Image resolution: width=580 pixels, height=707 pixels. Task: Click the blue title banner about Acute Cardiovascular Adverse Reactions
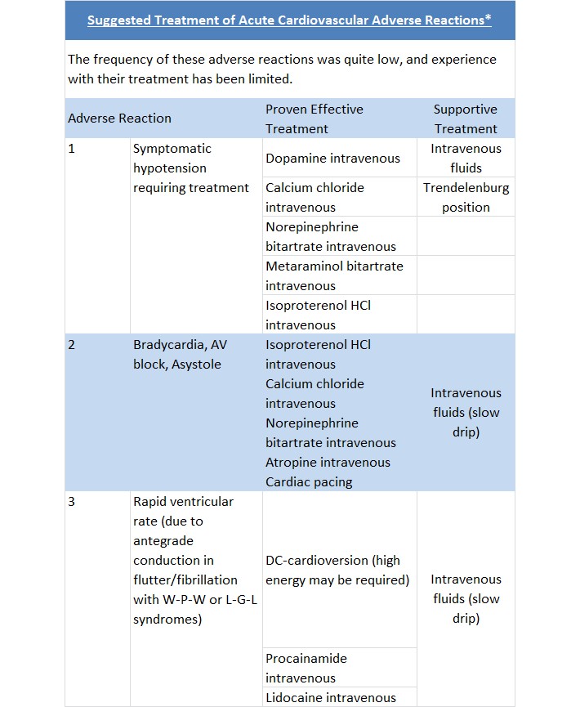289,20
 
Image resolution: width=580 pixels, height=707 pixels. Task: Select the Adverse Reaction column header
119,119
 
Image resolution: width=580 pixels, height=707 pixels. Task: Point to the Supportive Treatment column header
466,119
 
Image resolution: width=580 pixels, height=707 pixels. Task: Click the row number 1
72,149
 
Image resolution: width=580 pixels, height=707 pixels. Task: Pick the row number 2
72,345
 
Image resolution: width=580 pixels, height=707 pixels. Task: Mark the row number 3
72,502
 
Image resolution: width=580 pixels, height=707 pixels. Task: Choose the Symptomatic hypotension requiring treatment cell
191,168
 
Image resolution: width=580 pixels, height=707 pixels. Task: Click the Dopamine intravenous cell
332,159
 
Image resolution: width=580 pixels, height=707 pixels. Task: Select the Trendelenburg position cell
466,197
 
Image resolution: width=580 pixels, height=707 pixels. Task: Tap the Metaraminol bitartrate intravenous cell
334,275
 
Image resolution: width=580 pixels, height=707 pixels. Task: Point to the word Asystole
196,365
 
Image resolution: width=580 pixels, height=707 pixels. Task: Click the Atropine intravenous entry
328,463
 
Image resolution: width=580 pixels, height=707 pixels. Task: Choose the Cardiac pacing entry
309,482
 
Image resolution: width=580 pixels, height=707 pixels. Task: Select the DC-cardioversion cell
337,571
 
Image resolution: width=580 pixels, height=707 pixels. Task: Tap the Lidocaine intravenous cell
330,697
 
